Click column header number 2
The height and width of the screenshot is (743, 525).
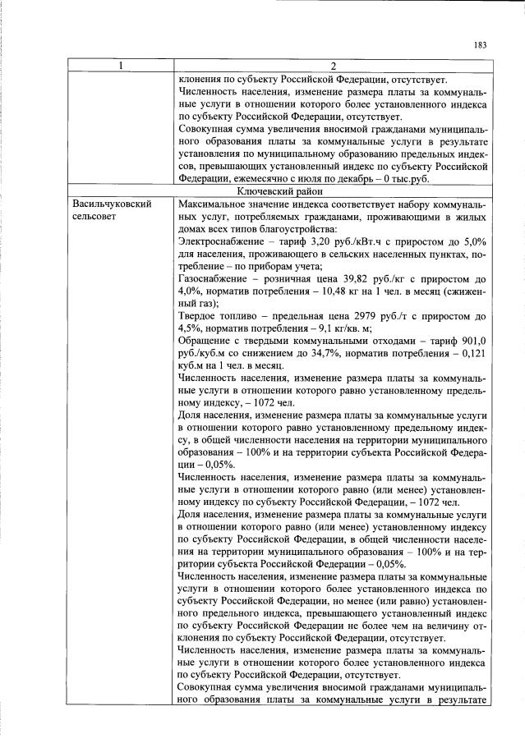[x=333, y=67]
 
